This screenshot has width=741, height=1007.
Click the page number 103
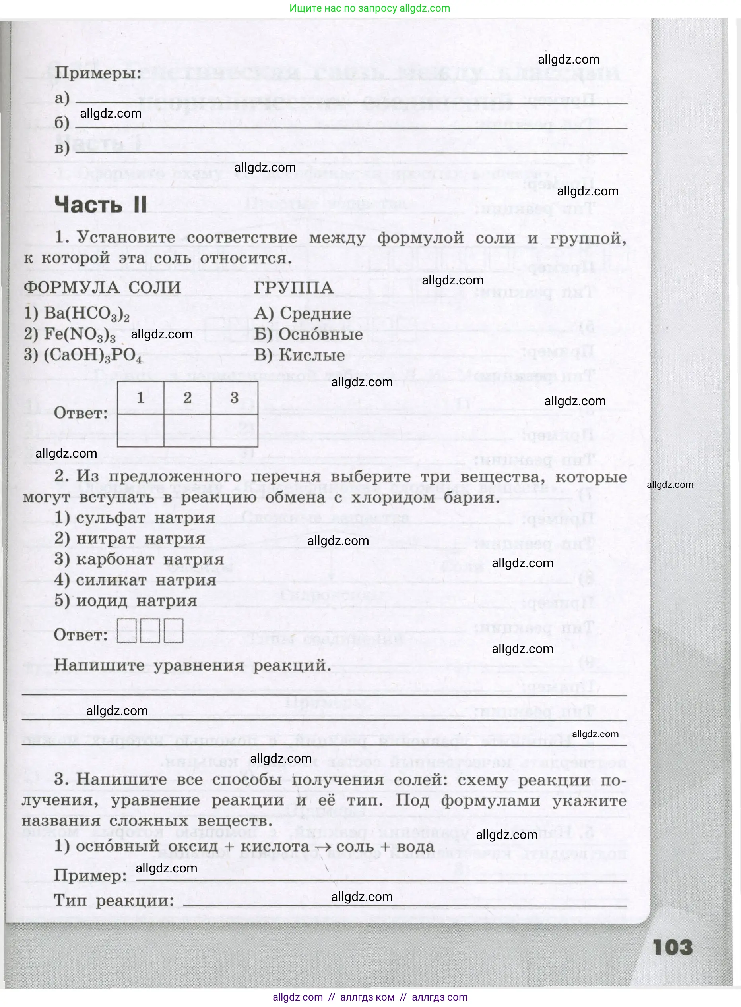point(672,948)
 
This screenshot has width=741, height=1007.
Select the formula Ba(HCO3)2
point(77,314)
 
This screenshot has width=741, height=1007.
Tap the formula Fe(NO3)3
point(70,334)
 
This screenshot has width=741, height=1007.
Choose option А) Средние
point(303,314)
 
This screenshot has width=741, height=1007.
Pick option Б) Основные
point(308,334)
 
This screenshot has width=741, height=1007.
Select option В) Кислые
point(300,355)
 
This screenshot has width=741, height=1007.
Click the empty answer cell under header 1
point(141,430)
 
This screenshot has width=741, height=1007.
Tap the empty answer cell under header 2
point(188,430)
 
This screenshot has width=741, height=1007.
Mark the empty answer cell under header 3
point(234,430)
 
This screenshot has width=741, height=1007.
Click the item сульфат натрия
point(134,518)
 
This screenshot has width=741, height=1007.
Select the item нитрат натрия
point(130,539)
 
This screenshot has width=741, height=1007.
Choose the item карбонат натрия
point(139,559)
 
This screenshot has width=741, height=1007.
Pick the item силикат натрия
point(135,580)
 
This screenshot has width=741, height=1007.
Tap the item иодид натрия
point(126,601)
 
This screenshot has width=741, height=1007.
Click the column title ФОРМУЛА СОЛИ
point(103,288)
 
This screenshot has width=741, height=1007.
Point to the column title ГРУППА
point(294,288)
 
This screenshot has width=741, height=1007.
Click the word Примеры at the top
point(98,73)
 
